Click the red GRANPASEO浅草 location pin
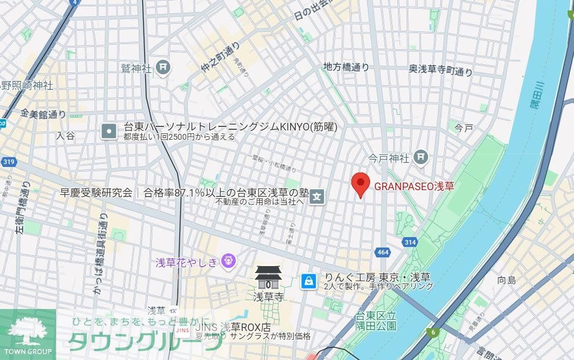[361, 184]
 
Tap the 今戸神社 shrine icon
[421, 157]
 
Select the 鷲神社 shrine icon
[163, 68]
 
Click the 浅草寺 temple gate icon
[268, 278]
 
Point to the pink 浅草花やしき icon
[228, 262]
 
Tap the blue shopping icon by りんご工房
[309, 281]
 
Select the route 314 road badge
[410, 242]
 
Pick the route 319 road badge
[8, 162]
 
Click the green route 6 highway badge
[432, 332]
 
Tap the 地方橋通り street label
[346, 67]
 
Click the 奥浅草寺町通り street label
[440, 70]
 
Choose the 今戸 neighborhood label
[463, 127]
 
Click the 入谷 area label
[65, 135]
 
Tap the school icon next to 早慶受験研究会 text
[316, 197]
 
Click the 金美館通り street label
[43, 114]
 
